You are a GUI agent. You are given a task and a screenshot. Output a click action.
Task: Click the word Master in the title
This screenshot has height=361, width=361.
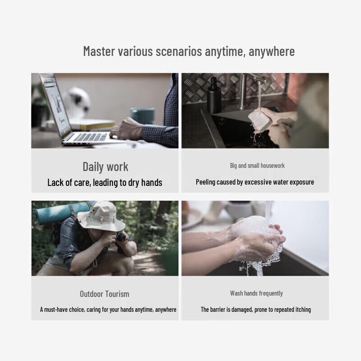(x=99, y=51)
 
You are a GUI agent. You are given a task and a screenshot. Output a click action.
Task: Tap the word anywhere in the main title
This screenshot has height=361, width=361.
(x=272, y=51)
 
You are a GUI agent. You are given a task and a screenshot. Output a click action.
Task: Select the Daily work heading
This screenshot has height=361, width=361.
(x=106, y=167)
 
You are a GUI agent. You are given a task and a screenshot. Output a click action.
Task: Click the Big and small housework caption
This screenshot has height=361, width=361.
(x=257, y=166)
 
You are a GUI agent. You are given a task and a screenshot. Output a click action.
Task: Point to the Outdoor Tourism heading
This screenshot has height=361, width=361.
(x=105, y=294)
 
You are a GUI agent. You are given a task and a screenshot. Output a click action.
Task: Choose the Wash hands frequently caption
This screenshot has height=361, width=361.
(x=256, y=293)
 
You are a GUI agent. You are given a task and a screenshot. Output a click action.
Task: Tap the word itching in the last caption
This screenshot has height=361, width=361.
(x=303, y=310)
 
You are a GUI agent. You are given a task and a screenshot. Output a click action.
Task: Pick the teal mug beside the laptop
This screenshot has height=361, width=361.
(x=143, y=116)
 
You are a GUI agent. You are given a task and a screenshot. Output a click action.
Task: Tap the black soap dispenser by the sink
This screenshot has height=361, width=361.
(x=214, y=95)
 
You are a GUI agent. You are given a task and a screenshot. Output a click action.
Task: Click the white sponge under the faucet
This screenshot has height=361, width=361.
(x=259, y=120)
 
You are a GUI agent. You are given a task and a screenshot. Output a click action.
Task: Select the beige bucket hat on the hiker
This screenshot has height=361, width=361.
(x=101, y=217)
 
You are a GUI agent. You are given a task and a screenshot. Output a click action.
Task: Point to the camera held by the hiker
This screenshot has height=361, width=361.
(x=121, y=236)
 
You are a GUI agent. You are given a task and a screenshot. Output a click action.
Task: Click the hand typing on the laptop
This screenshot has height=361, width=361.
(x=126, y=129)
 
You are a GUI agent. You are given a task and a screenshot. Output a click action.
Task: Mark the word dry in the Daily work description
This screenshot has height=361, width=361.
(x=134, y=183)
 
